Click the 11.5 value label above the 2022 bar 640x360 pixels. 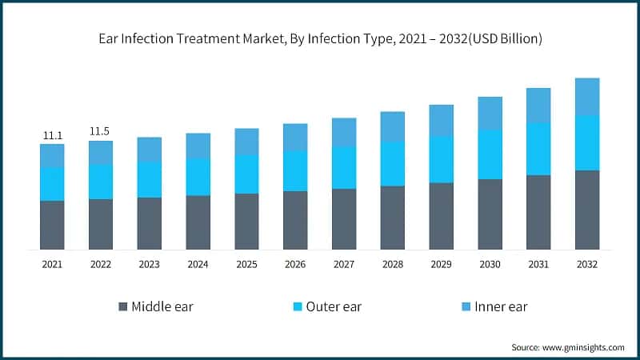tap(101, 131)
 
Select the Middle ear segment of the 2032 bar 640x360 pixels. tap(587, 210)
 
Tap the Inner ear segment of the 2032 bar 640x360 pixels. tap(587, 96)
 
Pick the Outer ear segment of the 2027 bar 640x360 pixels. tap(344, 167)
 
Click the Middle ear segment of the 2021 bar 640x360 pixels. tap(52, 225)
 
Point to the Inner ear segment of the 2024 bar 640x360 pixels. tap(198, 145)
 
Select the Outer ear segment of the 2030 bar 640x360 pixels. tap(490, 154)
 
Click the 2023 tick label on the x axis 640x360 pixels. tap(150, 264)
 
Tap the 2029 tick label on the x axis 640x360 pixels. tap(441, 264)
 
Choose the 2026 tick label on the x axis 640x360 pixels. tap(295, 264)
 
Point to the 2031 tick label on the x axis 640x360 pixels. tap(538, 264)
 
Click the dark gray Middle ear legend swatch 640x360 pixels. tap(122, 306)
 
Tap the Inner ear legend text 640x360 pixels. tap(501, 306)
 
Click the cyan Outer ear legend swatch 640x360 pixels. tap(298, 306)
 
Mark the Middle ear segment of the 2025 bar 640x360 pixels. tap(247, 222)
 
